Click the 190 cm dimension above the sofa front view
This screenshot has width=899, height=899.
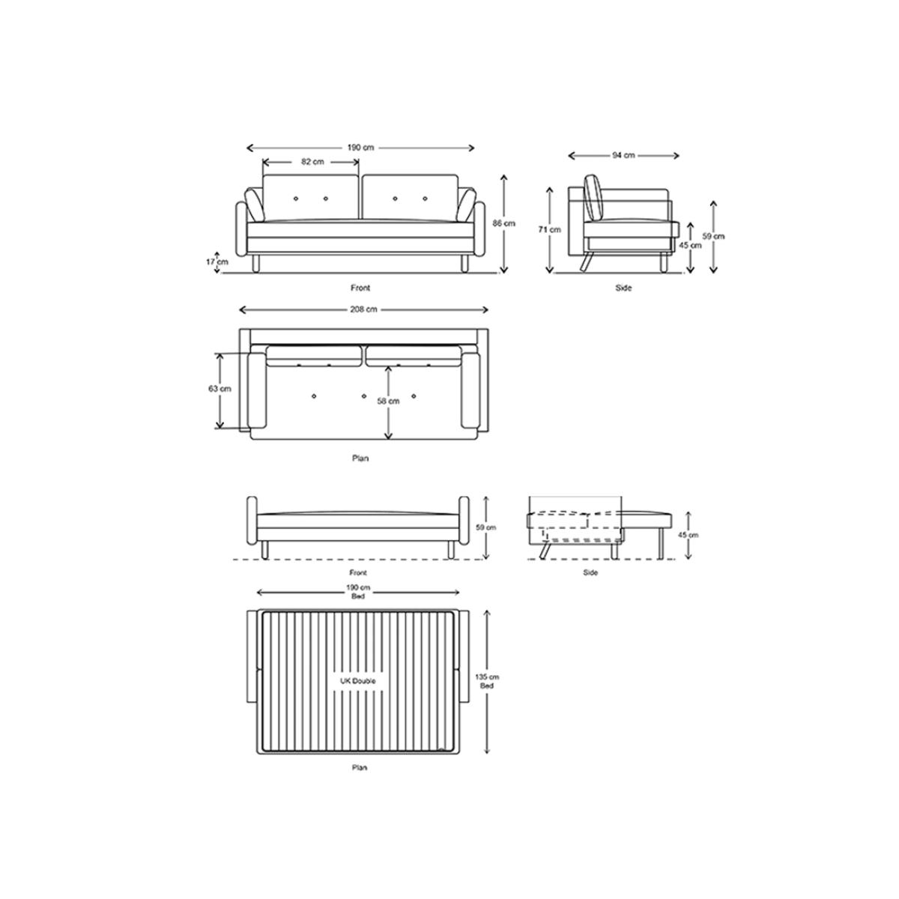[x=360, y=148]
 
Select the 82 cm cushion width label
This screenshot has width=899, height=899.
[x=312, y=162]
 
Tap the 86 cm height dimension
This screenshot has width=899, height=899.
[x=504, y=223]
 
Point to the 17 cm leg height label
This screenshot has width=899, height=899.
[x=217, y=261]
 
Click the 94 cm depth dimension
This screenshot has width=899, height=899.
[x=623, y=155]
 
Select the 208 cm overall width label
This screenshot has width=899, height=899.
[x=363, y=309]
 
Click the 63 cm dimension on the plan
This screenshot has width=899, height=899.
[x=220, y=389]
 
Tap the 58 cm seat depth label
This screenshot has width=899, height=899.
[x=388, y=401]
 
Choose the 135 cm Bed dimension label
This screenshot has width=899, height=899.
[x=487, y=681]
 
